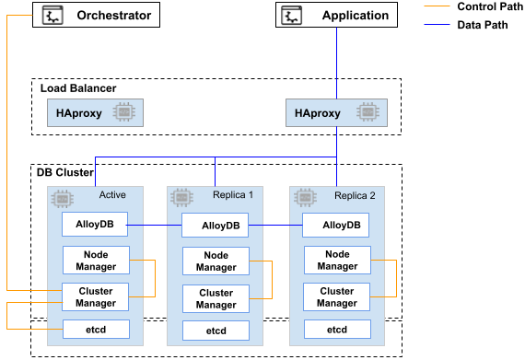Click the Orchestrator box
click(96, 15)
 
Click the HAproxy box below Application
click(336, 113)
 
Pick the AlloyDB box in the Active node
click(96, 224)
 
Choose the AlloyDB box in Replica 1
click(216, 226)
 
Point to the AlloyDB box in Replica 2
click(337, 226)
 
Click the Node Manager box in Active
click(96, 261)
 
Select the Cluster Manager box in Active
click(96, 297)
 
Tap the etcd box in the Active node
click(96, 330)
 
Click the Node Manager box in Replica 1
click(216, 261)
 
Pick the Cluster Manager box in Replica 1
click(216, 298)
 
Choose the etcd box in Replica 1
click(216, 331)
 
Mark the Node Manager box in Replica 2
click(337, 261)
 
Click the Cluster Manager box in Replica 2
click(337, 297)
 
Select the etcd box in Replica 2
click(337, 330)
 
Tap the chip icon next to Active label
click(62, 198)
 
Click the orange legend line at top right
click(437, 6)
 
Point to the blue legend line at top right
click(437, 24)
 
